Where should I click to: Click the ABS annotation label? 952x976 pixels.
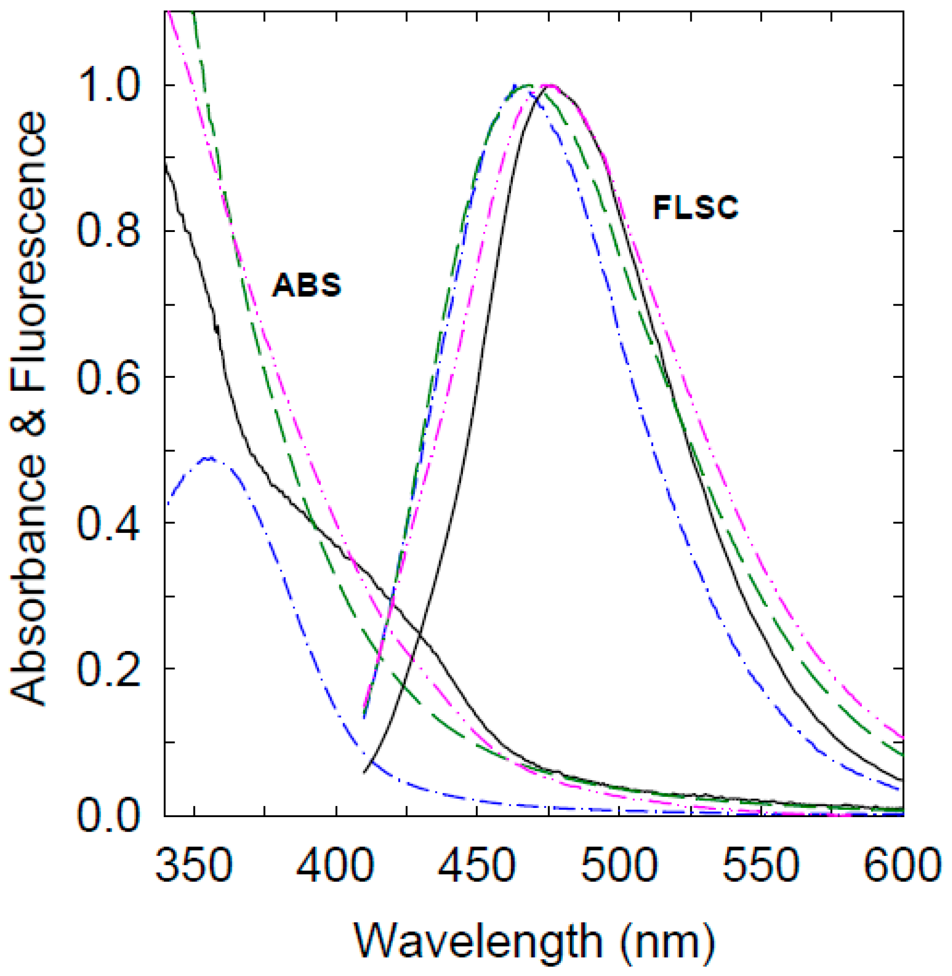tap(306, 285)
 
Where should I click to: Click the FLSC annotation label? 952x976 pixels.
tap(695, 207)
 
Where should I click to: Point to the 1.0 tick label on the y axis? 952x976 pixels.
tap(108, 85)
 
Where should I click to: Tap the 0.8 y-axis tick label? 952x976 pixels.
tap(108, 231)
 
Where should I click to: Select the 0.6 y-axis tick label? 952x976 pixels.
tap(108, 377)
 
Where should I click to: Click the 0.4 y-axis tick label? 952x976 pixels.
tap(108, 523)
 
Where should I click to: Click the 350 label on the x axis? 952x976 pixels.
tap(194, 866)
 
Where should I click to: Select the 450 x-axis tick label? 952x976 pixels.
tap(477, 866)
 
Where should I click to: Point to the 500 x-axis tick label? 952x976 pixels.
tap(619, 866)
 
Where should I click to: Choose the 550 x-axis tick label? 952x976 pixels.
tap(761, 866)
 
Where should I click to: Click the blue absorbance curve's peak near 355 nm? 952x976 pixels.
tap(210, 458)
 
